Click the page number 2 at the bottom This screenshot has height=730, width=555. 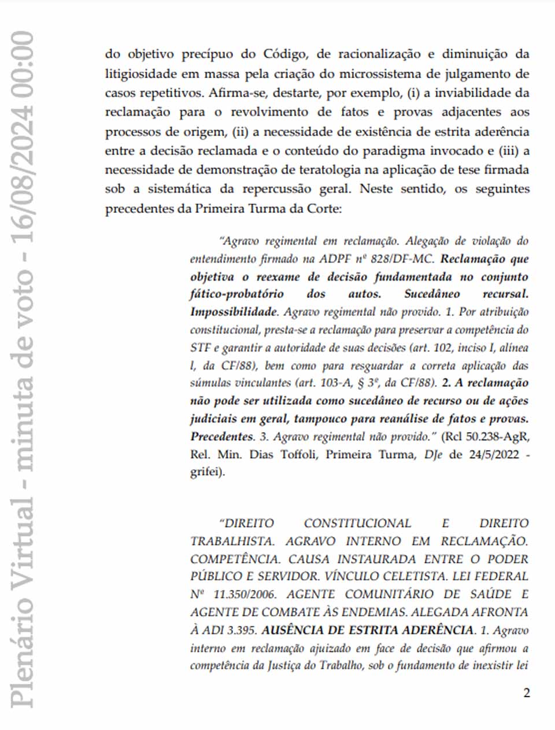tap(526, 693)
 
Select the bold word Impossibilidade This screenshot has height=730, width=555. tap(234, 312)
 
